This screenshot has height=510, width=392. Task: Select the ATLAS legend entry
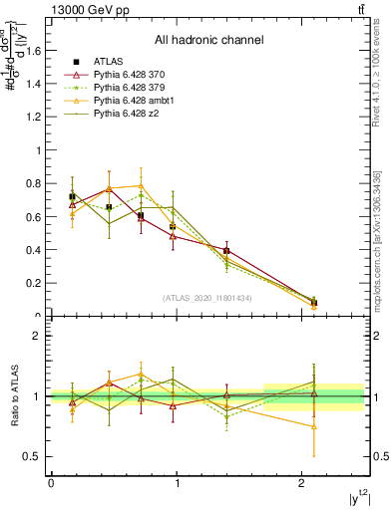pos(111,60)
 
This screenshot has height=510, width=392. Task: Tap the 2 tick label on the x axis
pos(302,483)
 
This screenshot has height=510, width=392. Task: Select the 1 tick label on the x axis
pos(177,483)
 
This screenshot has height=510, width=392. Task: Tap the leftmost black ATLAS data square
pos(72,196)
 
